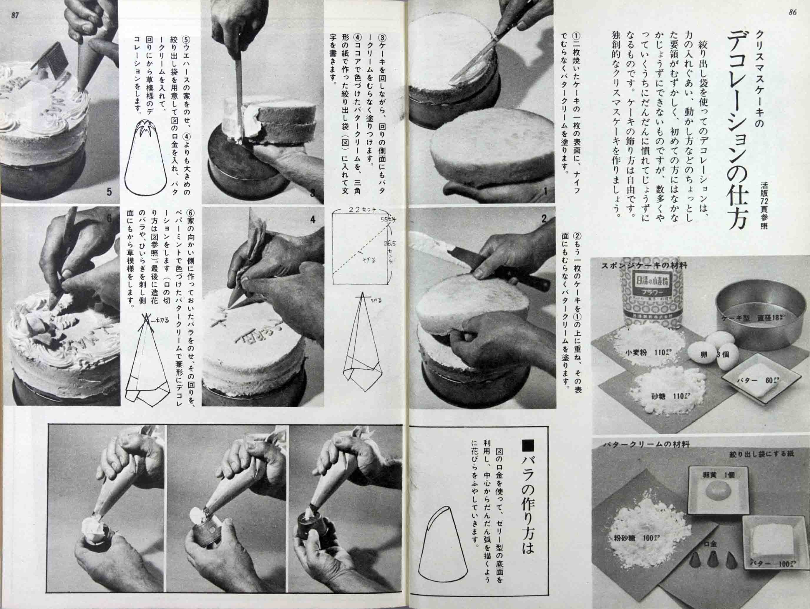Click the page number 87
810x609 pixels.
(15, 15)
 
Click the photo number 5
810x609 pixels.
(109, 191)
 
